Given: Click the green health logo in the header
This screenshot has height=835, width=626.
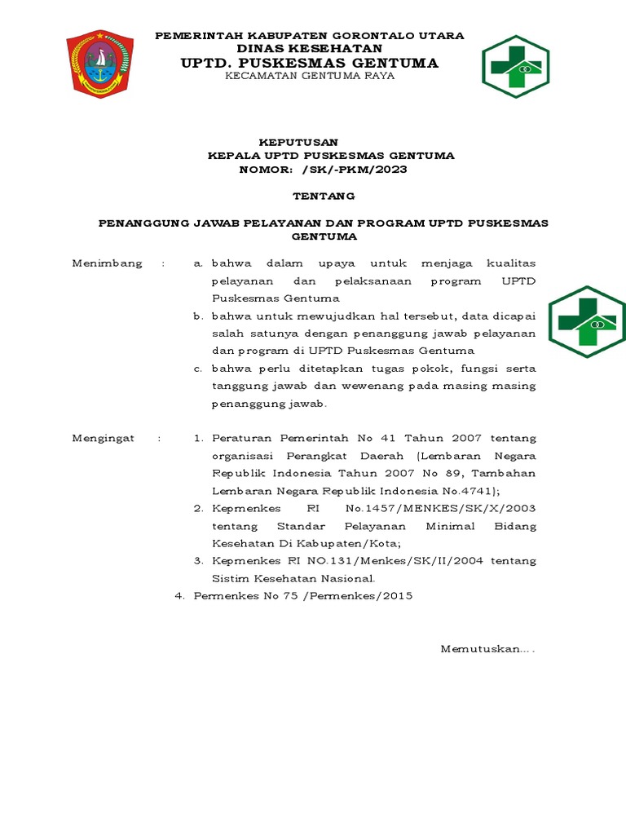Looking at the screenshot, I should pos(515,66).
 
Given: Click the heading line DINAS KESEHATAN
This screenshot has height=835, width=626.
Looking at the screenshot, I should pos(309,49).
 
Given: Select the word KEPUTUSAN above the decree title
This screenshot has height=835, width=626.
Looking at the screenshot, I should pos(298,142).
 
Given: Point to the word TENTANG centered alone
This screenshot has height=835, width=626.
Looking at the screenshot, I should pos(324,196).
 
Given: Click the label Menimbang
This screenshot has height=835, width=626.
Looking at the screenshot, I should pos(107,263).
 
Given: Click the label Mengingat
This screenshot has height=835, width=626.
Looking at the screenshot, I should pos(104,438).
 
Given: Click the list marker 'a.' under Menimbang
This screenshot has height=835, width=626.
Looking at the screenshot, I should pos(197,263).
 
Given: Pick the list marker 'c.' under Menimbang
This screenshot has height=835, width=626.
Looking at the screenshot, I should pos(197,369).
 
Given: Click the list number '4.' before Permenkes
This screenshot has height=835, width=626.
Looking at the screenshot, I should pos(181,596).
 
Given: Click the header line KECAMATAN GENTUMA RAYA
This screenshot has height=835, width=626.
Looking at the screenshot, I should pos(310,76).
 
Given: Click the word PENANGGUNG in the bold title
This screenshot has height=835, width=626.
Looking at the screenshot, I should pos(143,222).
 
